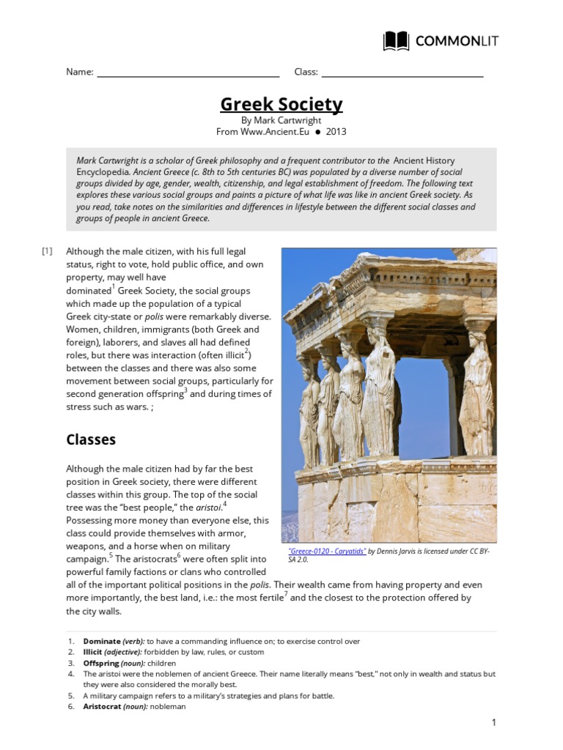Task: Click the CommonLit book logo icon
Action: click(x=397, y=41)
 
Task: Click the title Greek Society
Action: click(x=281, y=105)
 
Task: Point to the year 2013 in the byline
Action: click(x=336, y=132)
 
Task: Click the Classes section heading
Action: click(x=91, y=439)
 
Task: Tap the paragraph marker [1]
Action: click(x=48, y=251)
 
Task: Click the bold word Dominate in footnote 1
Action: click(x=101, y=642)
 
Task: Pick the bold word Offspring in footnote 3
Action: click(x=101, y=663)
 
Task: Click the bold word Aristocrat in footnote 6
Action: click(x=103, y=707)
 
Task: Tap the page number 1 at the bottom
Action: click(x=494, y=723)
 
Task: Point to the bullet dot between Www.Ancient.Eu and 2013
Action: click(x=318, y=133)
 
